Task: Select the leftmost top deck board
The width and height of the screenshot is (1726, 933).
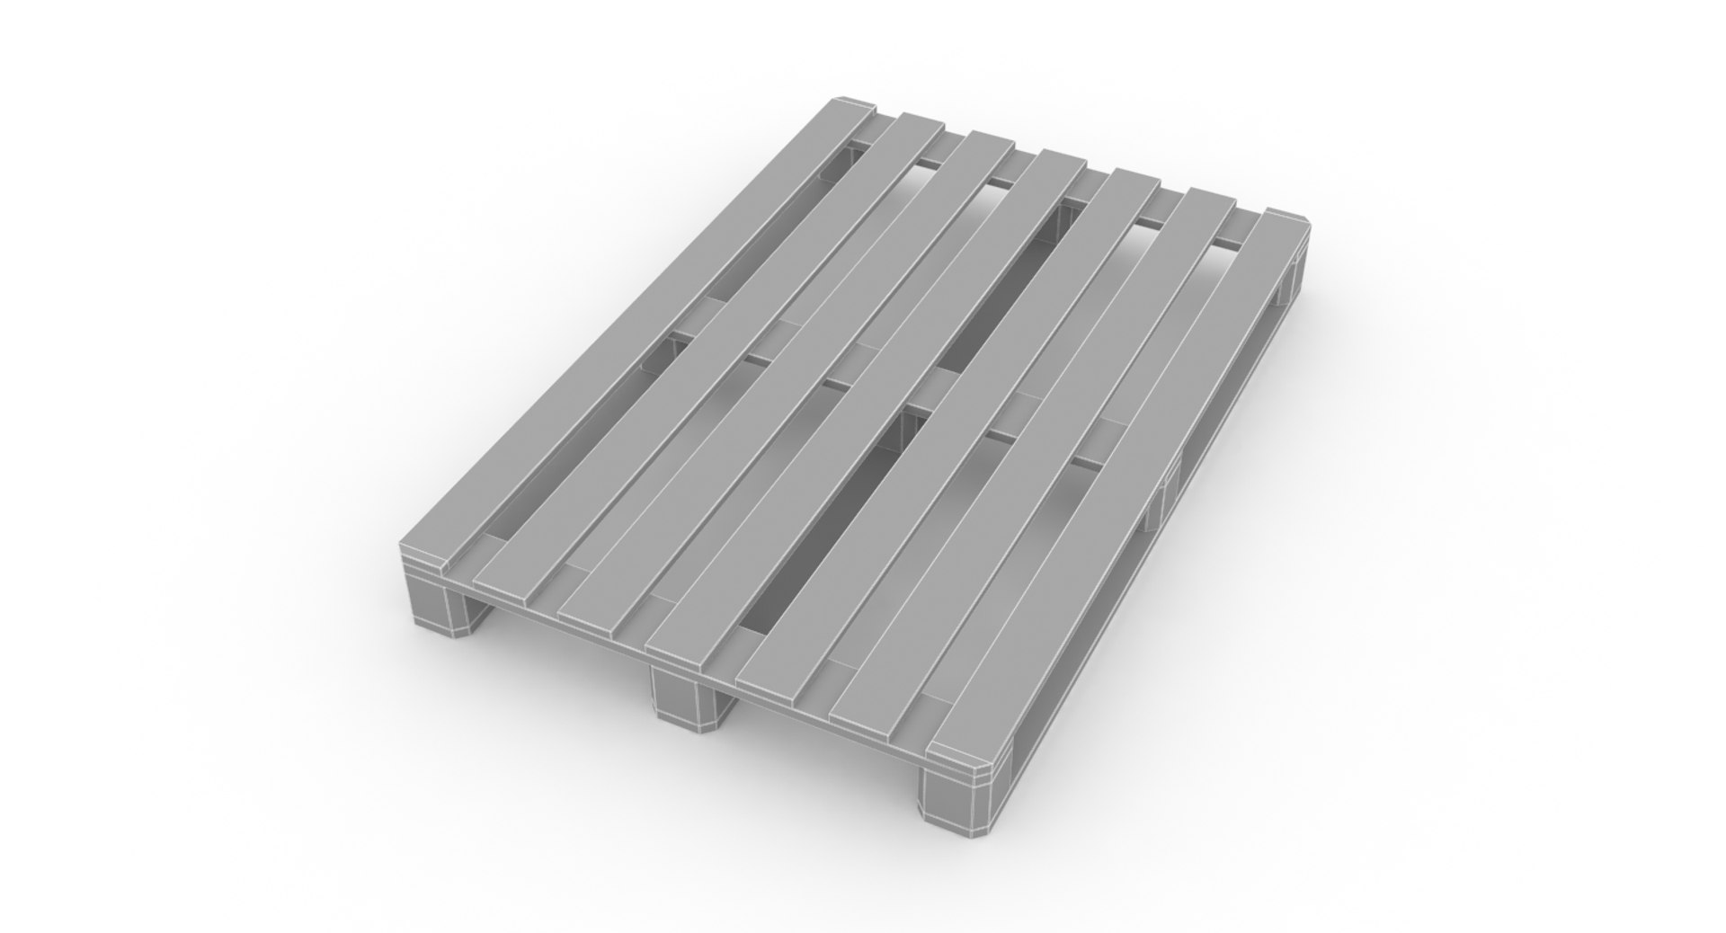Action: click(x=629, y=342)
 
